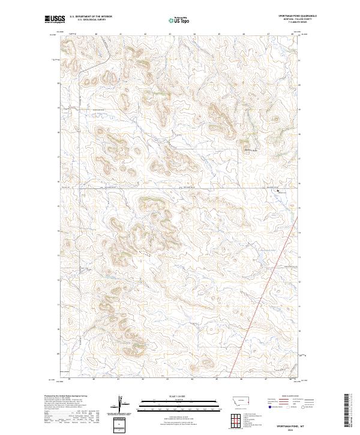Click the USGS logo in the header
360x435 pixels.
(55, 20)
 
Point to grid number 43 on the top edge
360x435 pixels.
(170, 34)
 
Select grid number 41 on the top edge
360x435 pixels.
(121, 34)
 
